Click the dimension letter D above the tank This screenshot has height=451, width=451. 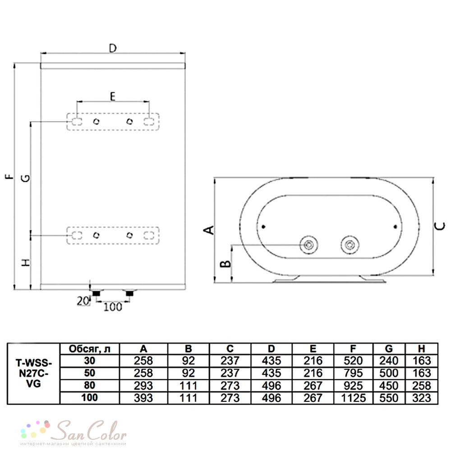tap(113, 48)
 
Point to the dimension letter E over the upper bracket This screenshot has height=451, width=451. tap(113, 97)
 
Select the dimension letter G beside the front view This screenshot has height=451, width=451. tap(26, 178)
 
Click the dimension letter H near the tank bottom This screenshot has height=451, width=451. tap(26, 262)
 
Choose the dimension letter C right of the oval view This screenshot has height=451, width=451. tap(440, 226)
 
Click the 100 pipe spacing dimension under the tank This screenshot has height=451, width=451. tap(113, 307)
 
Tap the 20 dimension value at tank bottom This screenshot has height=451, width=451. tap(83, 301)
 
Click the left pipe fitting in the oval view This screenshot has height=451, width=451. tap(308, 245)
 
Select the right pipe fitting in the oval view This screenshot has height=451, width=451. tap(350, 245)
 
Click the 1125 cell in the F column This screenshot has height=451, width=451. tap(353, 398)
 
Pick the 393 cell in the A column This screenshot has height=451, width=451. tap(143, 398)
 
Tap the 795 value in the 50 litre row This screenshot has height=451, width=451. tap(353, 373)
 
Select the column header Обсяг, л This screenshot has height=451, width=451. tap(89, 349)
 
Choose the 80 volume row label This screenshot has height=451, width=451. tap(89, 385)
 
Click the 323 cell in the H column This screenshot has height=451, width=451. tap(421, 398)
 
